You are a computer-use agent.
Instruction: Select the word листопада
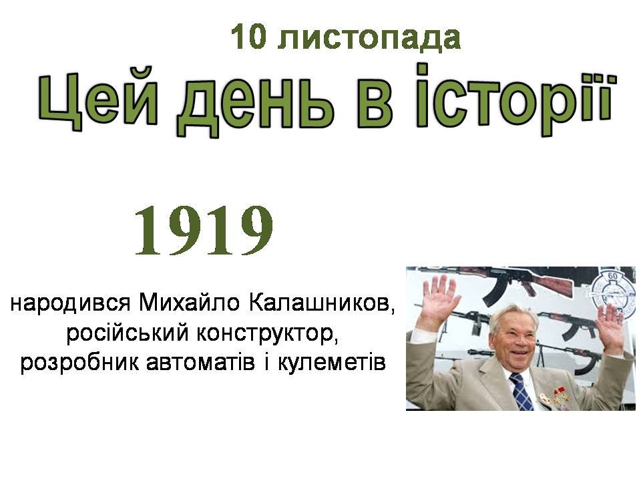[x=369, y=38]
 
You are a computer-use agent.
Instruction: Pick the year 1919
[x=204, y=230]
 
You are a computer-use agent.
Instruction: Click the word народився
[x=70, y=303]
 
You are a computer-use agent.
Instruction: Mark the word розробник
[x=79, y=363]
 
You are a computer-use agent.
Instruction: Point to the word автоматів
[x=200, y=363]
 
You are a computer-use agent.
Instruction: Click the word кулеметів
[x=332, y=363]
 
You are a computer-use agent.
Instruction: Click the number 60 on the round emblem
[x=612, y=276]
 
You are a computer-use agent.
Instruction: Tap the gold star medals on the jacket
[x=560, y=395]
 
